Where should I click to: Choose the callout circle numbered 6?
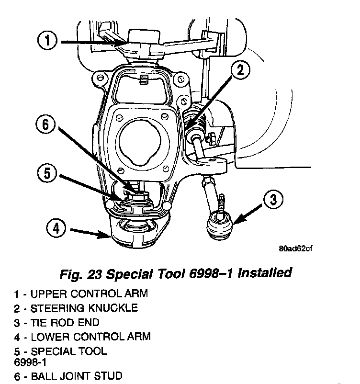46,125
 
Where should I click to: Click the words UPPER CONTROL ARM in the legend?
89,293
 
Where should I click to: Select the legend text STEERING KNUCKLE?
84,308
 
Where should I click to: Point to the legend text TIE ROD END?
65,322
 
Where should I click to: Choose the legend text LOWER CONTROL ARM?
90,337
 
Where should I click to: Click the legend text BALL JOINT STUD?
77,376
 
